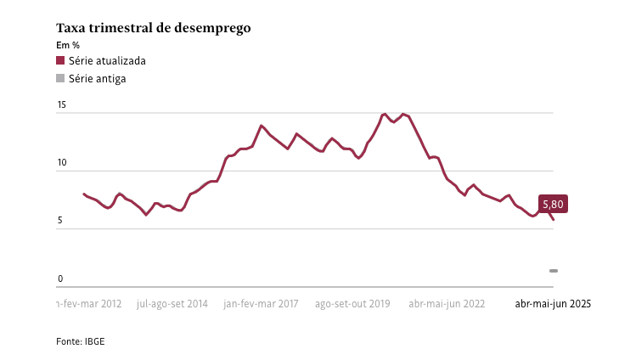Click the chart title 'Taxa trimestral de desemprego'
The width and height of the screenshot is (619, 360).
153,28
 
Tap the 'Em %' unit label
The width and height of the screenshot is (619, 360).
68,45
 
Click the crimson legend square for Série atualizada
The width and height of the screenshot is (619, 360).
60,61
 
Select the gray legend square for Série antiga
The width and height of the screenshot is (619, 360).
60,78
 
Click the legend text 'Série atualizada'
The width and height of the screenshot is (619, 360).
107,61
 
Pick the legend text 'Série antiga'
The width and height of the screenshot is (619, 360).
98,78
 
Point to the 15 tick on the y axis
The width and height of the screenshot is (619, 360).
61,105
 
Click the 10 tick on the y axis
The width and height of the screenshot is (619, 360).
61,163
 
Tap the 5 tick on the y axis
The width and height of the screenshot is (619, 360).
60,221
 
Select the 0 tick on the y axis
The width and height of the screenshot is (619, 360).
60,278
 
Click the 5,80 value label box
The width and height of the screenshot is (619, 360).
552,204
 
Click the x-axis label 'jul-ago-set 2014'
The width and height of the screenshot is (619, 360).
172,303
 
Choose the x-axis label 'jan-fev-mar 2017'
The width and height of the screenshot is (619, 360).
262,303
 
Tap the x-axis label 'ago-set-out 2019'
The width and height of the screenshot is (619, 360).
352,303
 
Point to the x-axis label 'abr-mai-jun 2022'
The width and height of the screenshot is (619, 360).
447,303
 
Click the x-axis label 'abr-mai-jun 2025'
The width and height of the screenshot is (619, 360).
553,303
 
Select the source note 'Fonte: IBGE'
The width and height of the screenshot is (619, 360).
81,340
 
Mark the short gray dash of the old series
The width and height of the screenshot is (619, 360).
554,271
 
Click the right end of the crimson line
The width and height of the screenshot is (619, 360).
554,220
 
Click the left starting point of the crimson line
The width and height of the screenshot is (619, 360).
83,194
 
